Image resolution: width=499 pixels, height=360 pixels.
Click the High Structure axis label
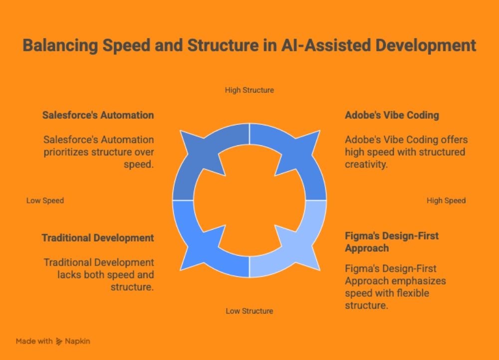coord(249,90)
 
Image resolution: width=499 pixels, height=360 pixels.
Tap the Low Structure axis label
coord(249,311)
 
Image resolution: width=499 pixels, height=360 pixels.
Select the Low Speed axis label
coord(45,201)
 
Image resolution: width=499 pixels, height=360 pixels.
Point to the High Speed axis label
coord(446,201)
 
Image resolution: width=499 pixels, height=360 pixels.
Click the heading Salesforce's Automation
coord(98,115)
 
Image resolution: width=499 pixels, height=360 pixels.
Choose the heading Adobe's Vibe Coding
coord(392,115)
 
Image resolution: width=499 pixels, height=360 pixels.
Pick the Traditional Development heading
coord(98,238)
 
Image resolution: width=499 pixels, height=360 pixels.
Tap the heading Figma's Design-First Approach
coord(392,242)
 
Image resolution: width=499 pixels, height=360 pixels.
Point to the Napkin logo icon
coord(59,342)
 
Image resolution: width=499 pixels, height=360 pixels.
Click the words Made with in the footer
coord(34,342)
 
